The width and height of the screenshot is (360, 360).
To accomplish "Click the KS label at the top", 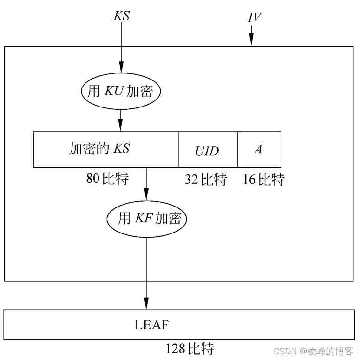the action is pyautogui.click(x=121, y=16).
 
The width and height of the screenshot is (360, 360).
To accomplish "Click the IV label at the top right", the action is pyautogui.click(x=254, y=18).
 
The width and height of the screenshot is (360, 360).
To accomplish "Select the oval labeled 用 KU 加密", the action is pyautogui.click(x=120, y=91).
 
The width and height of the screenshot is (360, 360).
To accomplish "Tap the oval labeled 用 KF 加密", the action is pyautogui.click(x=146, y=218).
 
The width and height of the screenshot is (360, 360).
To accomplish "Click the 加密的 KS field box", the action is pyautogui.click(x=106, y=149).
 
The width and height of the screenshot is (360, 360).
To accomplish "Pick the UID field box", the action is pyautogui.click(x=208, y=150).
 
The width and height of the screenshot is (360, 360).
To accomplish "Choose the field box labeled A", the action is pyautogui.click(x=259, y=149).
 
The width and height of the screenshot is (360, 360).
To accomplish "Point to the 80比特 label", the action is pyautogui.click(x=107, y=179).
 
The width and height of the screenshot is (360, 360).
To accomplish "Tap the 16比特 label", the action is pyautogui.click(x=263, y=180).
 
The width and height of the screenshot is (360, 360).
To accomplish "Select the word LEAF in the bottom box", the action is pyautogui.click(x=151, y=325).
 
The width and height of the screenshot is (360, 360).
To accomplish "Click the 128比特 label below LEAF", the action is pyautogui.click(x=190, y=348).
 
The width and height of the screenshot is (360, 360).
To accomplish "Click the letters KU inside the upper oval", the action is pyautogui.click(x=113, y=91).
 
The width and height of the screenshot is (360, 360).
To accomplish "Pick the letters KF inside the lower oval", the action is pyautogui.click(x=142, y=218).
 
